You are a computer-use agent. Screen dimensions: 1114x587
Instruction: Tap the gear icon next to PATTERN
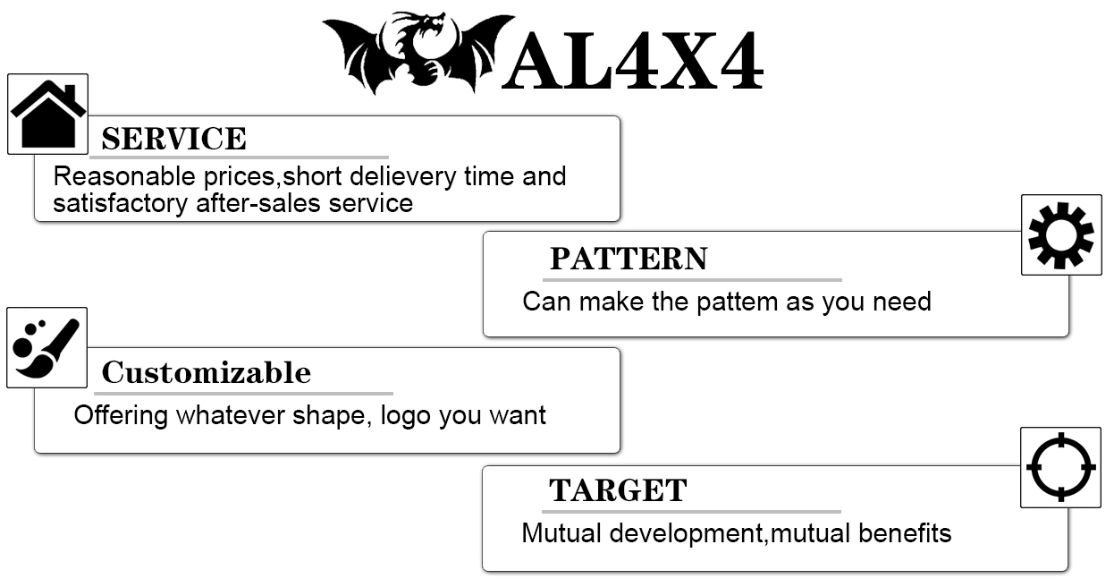[x=1060, y=235]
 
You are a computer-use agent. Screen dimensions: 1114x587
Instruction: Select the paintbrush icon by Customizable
[x=46, y=348]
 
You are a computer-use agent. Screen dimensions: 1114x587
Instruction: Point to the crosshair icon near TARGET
[x=1060, y=467]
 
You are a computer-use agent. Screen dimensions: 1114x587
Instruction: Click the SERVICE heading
[x=173, y=139]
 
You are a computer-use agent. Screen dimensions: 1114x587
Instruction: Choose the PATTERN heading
[x=629, y=259]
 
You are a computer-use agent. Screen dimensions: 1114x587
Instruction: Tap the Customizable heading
[x=207, y=372]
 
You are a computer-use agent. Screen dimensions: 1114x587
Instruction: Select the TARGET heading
[x=618, y=490]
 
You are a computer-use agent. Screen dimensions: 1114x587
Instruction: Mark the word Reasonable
[x=124, y=176]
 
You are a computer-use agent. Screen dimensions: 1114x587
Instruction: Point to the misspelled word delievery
[x=403, y=177]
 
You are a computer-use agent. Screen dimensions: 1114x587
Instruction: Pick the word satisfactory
[x=121, y=204]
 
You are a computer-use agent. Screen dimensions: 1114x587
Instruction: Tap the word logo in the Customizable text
[x=405, y=416]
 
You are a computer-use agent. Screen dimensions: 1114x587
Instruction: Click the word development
[x=686, y=533]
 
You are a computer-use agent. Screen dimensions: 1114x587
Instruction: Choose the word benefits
[x=905, y=532]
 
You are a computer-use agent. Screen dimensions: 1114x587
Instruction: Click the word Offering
[x=121, y=416]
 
